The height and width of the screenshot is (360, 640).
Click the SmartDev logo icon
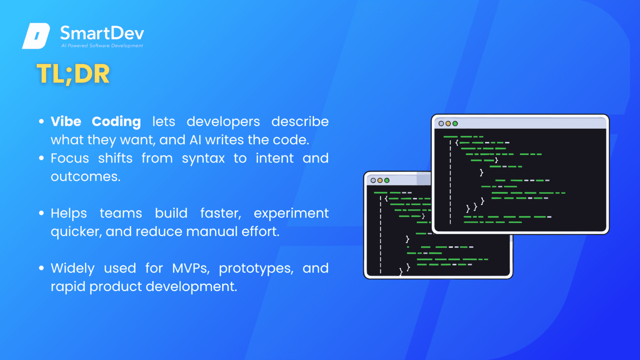(x=36, y=36)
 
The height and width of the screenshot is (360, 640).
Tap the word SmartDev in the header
(x=102, y=33)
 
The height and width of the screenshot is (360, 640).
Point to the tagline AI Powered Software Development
(x=102, y=46)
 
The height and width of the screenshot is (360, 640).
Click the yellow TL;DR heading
(x=73, y=74)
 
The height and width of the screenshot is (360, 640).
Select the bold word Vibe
(x=66, y=121)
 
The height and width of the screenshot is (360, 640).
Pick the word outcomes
(x=86, y=177)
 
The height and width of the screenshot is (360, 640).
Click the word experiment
(x=291, y=214)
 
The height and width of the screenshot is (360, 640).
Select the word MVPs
(x=191, y=269)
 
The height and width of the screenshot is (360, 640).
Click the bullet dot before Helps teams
(x=41, y=213)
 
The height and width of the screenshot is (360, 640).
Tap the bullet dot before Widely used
(x=41, y=268)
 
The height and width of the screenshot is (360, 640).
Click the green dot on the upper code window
(x=455, y=123)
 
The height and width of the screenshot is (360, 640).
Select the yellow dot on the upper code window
(x=448, y=123)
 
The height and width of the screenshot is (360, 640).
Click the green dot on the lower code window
(x=387, y=180)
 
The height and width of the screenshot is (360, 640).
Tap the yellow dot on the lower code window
(x=380, y=180)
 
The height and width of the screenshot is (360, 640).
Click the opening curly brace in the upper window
(x=457, y=142)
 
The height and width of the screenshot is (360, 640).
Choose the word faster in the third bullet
(x=220, y=213)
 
